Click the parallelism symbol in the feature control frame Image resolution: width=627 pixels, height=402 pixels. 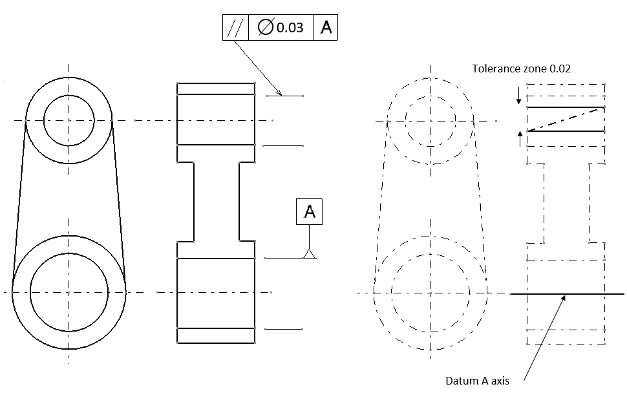click(235, 28)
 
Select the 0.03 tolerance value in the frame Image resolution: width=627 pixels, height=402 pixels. click(290, 28)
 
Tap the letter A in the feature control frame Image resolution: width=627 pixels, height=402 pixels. click(326, 28)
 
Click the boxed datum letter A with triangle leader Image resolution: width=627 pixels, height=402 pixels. click(310, 212)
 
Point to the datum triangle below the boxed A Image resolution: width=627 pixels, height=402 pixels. click(310, 253)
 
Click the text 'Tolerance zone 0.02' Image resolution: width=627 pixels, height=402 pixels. click(521, 68)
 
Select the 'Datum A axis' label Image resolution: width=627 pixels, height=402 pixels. click(477, 381)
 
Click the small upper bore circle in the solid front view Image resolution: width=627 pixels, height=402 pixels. click(69, 120)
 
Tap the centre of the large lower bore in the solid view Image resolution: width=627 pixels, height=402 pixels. click(69, 292)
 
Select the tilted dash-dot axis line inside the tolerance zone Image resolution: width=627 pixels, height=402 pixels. click(566, 120)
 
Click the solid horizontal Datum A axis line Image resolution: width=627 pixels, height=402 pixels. click(582, 294)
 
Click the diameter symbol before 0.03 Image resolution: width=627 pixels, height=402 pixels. click(264, 28)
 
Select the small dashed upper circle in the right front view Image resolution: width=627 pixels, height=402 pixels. click(430, 120)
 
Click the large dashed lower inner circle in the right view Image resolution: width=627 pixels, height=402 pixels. click(430, 293)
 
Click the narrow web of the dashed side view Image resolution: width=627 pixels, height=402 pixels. click(567, 202)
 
